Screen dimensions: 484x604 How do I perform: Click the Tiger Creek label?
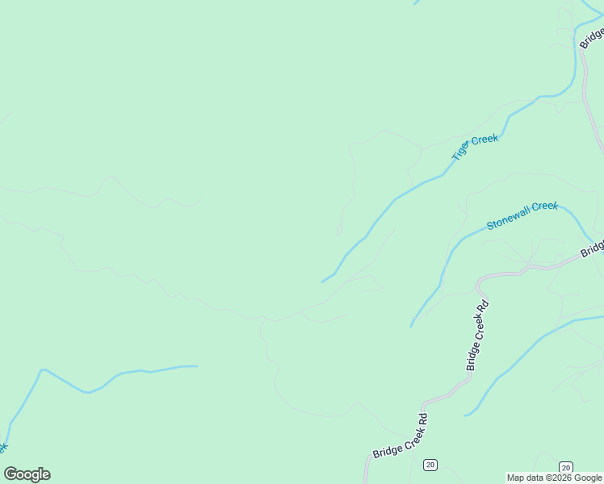(475, 148)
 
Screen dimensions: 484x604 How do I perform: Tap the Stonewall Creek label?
(522, 215)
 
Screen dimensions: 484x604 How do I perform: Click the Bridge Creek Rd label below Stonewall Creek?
(478, 335)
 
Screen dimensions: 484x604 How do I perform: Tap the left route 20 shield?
(430, 465)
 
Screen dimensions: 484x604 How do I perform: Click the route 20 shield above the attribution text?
(566, 467)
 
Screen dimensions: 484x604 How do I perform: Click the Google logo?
(27, 474)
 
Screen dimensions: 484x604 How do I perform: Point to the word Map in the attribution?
(516, 478)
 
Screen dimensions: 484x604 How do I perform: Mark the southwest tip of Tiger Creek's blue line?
(321, 282)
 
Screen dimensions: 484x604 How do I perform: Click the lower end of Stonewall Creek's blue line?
(411, 326)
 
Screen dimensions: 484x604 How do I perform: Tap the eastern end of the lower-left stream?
(197, 366)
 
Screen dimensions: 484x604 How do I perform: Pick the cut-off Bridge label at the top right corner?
(593, 36)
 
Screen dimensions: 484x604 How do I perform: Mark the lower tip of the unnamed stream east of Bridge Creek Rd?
(465, 415)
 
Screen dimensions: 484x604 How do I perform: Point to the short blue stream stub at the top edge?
(417, 2)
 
